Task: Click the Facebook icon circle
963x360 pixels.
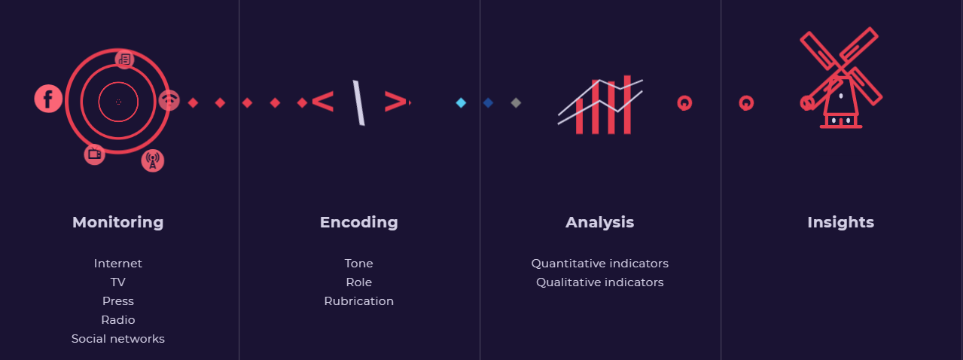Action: point(48,99)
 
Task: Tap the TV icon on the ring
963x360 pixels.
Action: point(95,154)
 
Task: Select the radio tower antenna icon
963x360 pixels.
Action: point(153,160)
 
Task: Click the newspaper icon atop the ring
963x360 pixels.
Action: point(125,59)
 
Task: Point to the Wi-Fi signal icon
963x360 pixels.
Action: point(169,101)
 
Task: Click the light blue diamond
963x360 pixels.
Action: point(461,102)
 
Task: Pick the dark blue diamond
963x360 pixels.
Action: point(488,102)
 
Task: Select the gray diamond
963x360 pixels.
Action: point(516,102)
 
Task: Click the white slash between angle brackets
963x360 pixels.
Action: point(359,102)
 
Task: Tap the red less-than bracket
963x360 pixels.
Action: point(322,102)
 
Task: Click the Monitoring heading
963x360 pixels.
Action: point(117,222)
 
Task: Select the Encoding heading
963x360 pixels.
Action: point(359,222)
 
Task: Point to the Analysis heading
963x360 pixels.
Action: point(600,222)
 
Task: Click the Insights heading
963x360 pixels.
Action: point(840,222)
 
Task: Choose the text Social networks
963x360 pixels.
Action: point(117,339)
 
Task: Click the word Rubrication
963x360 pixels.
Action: point(359,301)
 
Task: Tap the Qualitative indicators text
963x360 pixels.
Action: point(600,282)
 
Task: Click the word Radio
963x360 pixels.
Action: point(117,320)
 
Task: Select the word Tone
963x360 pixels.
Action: point(359,264)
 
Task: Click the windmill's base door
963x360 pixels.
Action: point(841,121)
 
